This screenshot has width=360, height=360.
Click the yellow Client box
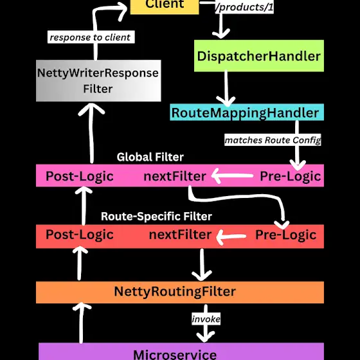point(165,7)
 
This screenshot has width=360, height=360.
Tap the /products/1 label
point(244,7)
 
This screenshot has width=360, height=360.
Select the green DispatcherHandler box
point(259,56)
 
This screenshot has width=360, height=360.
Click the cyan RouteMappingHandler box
point(247,113)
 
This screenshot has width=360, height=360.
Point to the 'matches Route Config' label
point(273,140)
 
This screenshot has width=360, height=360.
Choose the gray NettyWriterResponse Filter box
point(98,80)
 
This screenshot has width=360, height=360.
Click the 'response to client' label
point(91,37)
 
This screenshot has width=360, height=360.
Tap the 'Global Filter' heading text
point(150,157)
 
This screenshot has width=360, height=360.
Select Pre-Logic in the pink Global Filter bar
point(290,176)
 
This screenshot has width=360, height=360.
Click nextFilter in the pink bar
point(175,176)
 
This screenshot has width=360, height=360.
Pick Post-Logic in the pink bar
point(80,176)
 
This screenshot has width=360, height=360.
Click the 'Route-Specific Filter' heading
point(156,216)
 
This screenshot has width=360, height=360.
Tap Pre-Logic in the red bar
point(286,235)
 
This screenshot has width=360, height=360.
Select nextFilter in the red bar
point(180,235)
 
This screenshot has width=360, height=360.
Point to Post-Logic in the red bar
point(80,235)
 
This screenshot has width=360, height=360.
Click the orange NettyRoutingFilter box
point(180,292)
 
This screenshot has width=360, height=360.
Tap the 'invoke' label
point(206,319)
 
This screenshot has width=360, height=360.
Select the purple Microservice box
point(181,352)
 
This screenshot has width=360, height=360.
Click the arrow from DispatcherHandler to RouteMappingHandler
point(226,89)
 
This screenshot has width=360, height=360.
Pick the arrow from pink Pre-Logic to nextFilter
point(232,176)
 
